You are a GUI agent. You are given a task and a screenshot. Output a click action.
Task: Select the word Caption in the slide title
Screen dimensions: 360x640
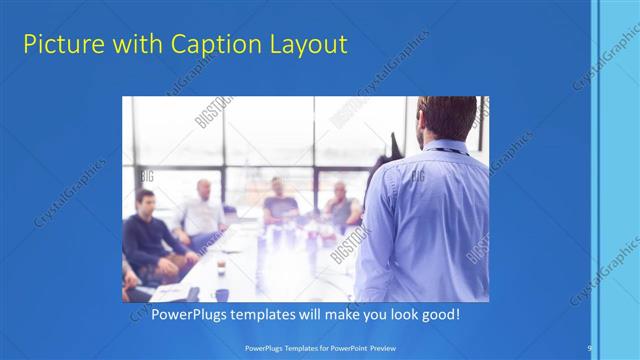204,45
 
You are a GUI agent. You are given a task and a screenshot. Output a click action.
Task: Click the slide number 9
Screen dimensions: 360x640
589,347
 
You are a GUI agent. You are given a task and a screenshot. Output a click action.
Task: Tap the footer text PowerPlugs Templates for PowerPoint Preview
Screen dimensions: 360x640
319,347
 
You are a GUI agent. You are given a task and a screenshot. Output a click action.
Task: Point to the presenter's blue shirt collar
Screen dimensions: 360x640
445,146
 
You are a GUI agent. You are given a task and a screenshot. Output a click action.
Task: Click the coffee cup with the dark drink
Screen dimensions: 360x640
221,263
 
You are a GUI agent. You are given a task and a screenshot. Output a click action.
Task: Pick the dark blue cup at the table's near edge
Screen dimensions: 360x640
222,295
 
